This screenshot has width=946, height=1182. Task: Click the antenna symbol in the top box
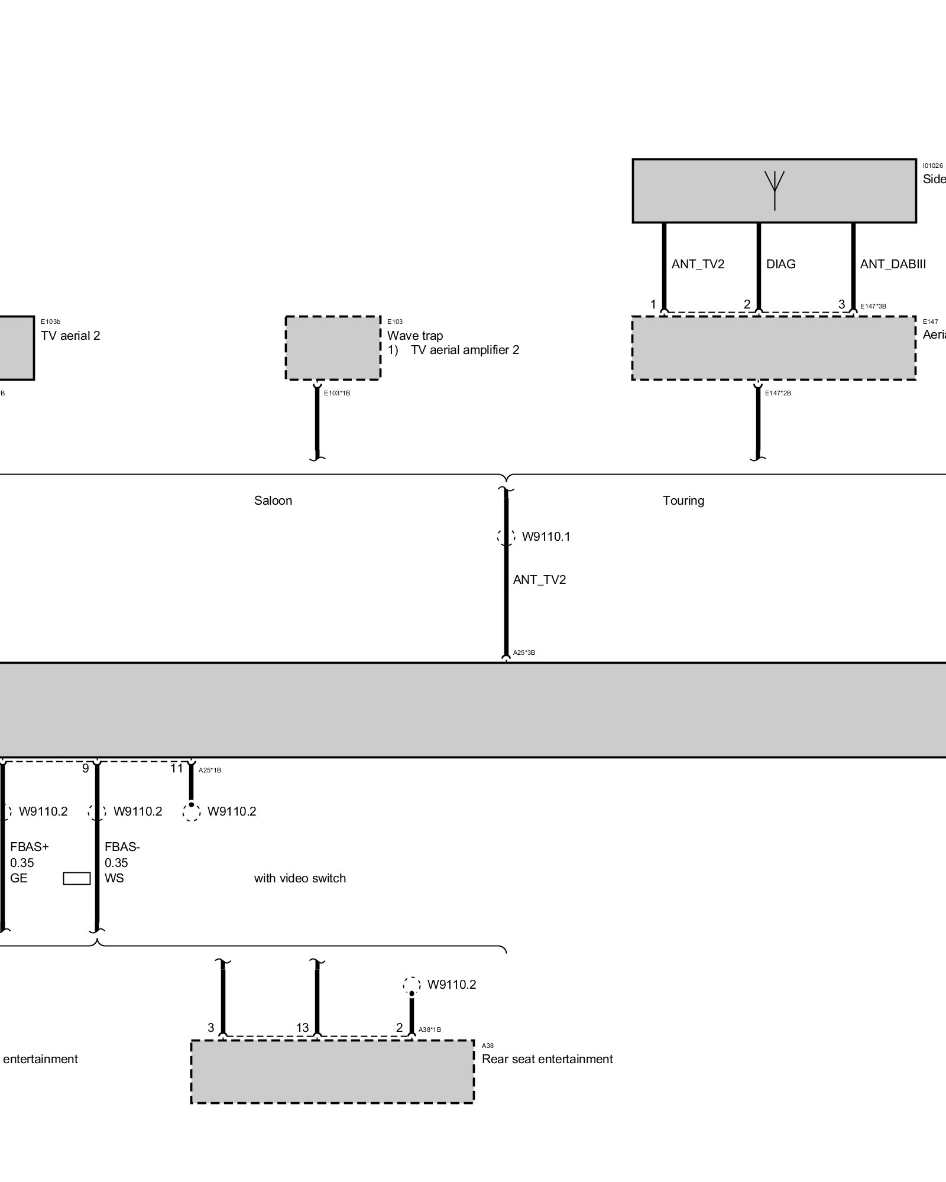tap(775, 189)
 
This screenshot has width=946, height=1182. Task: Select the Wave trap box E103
tap(333, 348)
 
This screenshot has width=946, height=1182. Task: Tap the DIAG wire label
tap(780, 264)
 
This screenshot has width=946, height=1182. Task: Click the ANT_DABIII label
tap(893, 264)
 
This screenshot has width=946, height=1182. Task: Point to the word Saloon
tap(273, 501)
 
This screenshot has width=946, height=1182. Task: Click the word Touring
tap(683, 501)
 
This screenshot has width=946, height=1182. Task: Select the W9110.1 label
tap(546, 537)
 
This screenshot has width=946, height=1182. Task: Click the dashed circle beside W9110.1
tap(506, 537)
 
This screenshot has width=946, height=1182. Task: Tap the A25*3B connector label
tap(524, 653)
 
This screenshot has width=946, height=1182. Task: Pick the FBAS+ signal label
tap(30, 847)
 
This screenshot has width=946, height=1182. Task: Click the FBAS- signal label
tap(122, 847)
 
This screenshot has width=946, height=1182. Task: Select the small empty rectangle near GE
tap(77, 879)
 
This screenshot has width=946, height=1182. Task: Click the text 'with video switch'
tap(300, 878)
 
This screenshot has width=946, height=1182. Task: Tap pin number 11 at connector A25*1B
tap(177, 768)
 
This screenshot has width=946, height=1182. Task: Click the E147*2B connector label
tap(778, 393)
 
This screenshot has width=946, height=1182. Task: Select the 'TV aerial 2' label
tap(70, 336)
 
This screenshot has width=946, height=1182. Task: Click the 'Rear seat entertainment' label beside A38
tap(547, 1059)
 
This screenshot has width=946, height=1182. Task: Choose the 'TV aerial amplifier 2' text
tap(465, 350)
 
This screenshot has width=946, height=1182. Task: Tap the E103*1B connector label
tap(337, 393)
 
